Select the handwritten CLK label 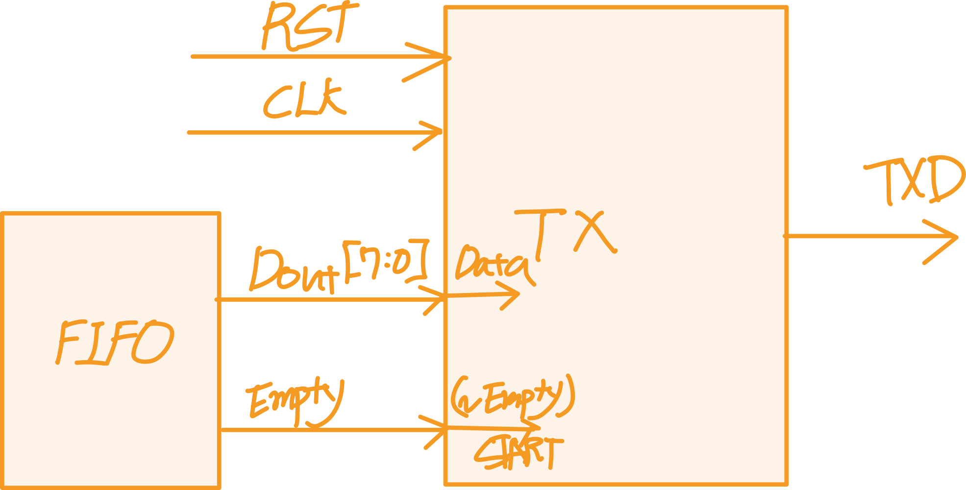pyautogui.click(x=304, y=100)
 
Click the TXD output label pyautogui.click(x=914, y=181)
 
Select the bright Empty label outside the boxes pyautogui.click(x=294, y=402)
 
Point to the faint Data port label pyautogui.click(x=493, y=267)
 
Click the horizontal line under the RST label pyautogui.click(x=294, y=57)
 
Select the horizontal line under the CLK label pyautogui.click(x=294, y=132)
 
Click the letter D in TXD pyautogui.click(x=943, y=180)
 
